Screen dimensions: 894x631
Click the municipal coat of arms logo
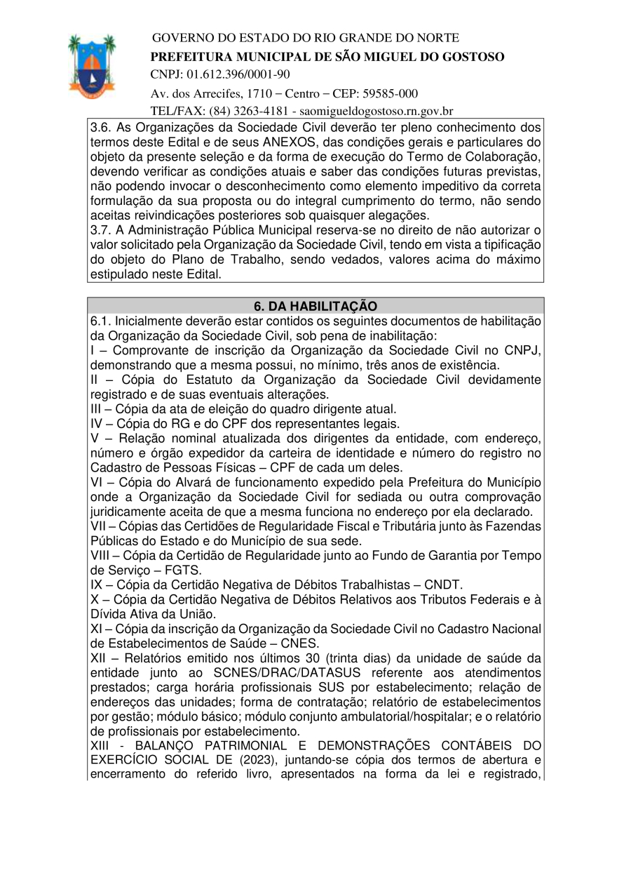(92, 66)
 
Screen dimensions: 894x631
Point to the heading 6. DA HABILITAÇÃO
(315, 307)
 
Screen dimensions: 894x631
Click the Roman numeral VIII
(102, 556)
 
